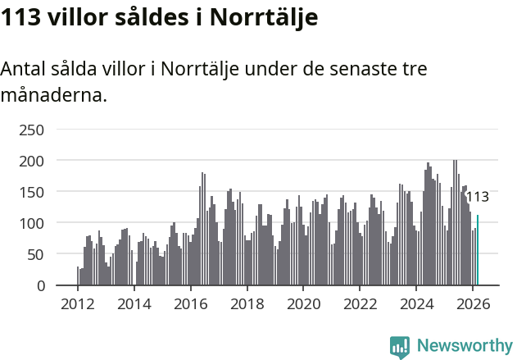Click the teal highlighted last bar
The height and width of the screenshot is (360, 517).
(x=478, y=250)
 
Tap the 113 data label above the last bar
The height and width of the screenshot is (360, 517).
(x=477, y=197)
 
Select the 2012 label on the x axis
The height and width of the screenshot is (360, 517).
(x=78, y=304)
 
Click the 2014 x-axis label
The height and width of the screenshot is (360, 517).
(x=134, y=304)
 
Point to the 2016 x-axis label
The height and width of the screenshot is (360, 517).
(x=190, y=304)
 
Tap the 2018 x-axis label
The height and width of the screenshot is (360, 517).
(x=247, y=304)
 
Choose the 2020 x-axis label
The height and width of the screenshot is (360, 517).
(x=303, y=304)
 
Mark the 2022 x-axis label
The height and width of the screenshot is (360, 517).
(x=360, y=304)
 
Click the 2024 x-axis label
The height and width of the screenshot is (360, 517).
(x=416, y=304)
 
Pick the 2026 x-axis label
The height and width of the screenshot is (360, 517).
(x=472, y=304)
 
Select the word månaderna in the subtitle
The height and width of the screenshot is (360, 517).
(x=53, y=95)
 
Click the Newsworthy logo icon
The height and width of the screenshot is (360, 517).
(x=400, y=347)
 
